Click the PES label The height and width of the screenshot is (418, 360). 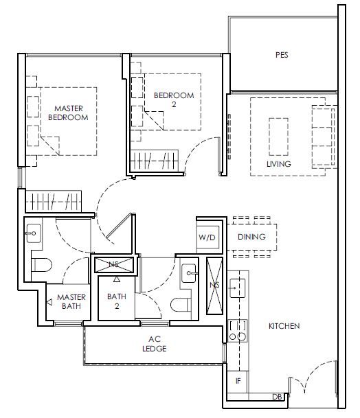point(282,55)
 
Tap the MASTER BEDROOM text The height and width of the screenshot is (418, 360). point(68,113)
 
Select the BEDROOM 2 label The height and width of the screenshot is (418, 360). point(174,100)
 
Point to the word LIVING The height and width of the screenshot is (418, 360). point(279,163)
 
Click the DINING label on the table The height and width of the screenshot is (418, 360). point(251,237)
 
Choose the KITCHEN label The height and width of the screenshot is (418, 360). point(284,326)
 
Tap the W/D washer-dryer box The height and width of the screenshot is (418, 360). point(207,237)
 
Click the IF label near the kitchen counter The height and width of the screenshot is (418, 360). point(238,381)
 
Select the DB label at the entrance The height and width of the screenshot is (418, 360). point(277,397)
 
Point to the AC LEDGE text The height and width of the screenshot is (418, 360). point(155,344)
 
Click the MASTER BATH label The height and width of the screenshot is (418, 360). point(71,301)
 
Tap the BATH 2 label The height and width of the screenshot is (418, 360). point(117,301)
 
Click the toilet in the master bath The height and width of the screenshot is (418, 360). point(41,265)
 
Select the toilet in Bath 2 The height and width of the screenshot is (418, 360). point(181,305)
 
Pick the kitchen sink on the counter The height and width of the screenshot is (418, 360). point(237,288)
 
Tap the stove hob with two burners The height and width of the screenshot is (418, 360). point(238,331)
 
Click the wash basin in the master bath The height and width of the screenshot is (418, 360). point(34,233)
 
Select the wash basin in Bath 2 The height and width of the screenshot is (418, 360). point(189,273)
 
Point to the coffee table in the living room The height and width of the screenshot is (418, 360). point(279,137)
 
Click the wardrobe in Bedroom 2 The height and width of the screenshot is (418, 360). point(155,161)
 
